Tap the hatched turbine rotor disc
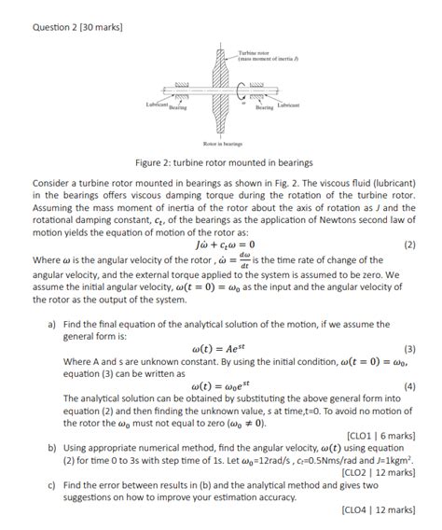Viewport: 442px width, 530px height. point(221,93)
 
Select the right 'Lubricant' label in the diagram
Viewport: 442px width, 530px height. point(287,106)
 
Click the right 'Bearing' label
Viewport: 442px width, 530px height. point(265,108)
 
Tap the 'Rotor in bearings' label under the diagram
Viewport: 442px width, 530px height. point(221,145)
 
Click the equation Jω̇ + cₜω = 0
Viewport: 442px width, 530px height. point(221,244)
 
